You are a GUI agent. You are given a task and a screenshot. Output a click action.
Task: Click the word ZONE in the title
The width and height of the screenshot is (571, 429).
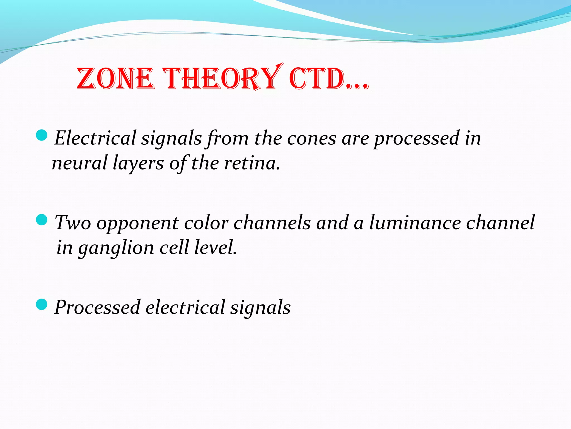(x=115, y=79)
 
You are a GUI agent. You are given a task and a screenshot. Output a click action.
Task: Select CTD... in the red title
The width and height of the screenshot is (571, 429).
(x=328, y=79)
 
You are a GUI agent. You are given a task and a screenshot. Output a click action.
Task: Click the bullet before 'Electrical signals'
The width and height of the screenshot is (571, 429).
(x=42, y=135)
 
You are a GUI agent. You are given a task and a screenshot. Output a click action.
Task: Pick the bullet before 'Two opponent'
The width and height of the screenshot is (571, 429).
(x=42, y=220)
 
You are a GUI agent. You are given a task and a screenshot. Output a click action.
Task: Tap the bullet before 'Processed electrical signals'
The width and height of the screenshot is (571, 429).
(x=42, y=304)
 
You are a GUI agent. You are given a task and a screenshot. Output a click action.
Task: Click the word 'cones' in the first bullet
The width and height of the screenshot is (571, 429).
(x=311, y=138)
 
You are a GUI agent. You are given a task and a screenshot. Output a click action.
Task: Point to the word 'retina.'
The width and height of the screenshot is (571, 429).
(x=252, y=163)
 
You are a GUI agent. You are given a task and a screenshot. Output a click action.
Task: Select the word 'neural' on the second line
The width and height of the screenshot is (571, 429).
(x=79, y=163)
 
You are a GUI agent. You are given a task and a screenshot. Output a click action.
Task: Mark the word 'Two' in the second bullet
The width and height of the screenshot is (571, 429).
(x=73, y=223)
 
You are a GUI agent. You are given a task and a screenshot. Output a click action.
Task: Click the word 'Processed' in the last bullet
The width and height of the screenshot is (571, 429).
(x=97, y=307)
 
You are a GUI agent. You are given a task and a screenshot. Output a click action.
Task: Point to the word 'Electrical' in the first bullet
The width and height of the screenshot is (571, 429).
(x=95, y=138)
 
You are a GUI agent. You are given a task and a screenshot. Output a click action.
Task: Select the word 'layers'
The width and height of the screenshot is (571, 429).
(x=138, y=164)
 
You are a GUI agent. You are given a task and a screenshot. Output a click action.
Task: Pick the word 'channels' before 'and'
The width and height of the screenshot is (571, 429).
(x=272, y=223)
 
